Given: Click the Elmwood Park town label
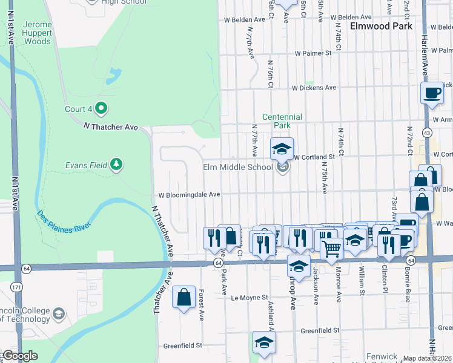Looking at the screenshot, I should [x=381, y=27].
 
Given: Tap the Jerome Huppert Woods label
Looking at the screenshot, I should [x=37, y=33].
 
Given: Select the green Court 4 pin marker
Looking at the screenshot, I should [x=101, y=109].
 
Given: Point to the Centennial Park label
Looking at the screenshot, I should [x=282, y=121].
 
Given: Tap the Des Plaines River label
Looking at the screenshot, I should [x=64, y=221].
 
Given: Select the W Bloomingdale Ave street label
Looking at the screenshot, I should [x=189, y=195].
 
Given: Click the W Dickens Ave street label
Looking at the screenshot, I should [x=314, y=88].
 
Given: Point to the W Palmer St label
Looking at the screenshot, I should [x=313, y=53].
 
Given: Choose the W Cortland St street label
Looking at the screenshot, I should [x=314, y=157].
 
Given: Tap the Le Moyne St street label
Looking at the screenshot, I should [x=250, y=298].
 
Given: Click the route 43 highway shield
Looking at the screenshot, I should [x=428, y=132].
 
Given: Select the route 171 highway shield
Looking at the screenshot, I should [x=15, y=284].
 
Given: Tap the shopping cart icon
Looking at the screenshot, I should [x=331, y=247].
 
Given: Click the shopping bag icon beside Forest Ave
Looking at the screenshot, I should [x=184, y=297].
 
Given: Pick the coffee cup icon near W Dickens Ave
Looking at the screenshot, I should [x=432, y=93].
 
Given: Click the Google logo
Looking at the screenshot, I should [x=19, y=356].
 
